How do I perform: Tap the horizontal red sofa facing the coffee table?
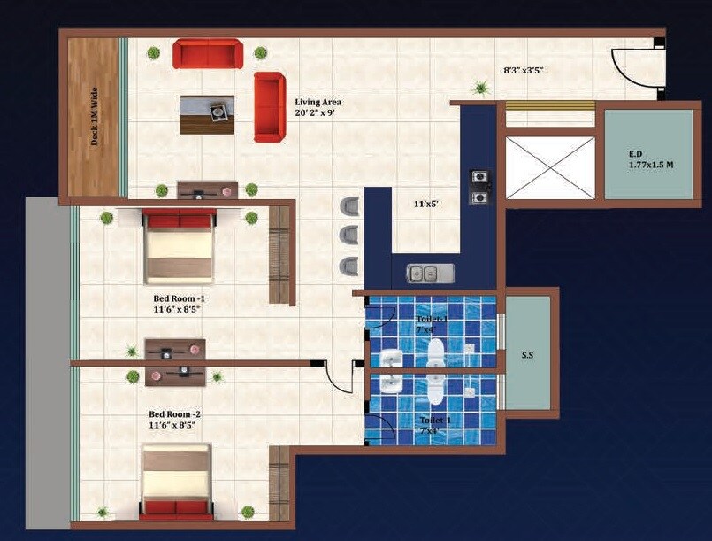tap(207, 53)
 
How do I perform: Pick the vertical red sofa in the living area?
tap(270, 106)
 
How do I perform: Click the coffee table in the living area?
tap(207, 114)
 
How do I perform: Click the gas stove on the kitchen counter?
tap(480, 185)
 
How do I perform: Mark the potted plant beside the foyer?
tap(481, 87)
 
